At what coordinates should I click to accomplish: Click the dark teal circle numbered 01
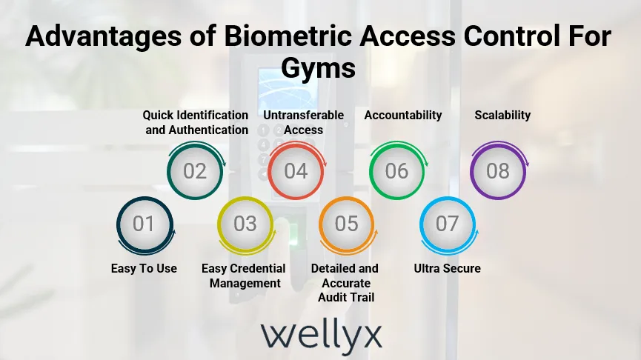(144, 224)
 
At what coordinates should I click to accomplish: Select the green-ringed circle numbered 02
(195, 171)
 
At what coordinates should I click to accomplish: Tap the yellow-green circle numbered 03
(245, 224)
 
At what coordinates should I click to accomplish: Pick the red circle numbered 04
(296, 171)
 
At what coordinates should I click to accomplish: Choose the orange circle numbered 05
(346, 224)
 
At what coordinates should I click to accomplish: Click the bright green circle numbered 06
(396, 171)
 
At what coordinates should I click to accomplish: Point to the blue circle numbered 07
(447, 224)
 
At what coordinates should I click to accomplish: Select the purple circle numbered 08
(498, 171)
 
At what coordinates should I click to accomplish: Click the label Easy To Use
(144, 268)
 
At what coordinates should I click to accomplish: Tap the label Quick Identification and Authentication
(196, 122)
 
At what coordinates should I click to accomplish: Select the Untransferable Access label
(304, 122)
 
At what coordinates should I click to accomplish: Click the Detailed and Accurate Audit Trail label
(345, 282)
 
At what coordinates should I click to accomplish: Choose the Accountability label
(403, 115)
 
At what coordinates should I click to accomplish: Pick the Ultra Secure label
(447, 268)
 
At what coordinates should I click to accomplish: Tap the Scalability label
(502, 115)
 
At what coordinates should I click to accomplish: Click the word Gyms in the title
(319, 69)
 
